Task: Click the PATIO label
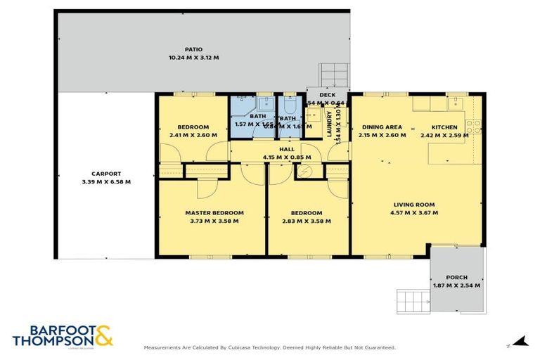(x=193, y=49)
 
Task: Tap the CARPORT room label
(x=106, y=174)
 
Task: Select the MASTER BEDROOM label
(x=214, y=212)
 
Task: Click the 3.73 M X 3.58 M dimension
(x=214, y=221)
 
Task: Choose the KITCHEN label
(x=444, y=127)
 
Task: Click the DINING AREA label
(x=382, y=127)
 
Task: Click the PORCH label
(x=457, y=278)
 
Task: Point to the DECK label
(x=327, y=95)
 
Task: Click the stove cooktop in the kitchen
(x=475, y=127)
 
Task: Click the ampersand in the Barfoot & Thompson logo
(x=102, y=336)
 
